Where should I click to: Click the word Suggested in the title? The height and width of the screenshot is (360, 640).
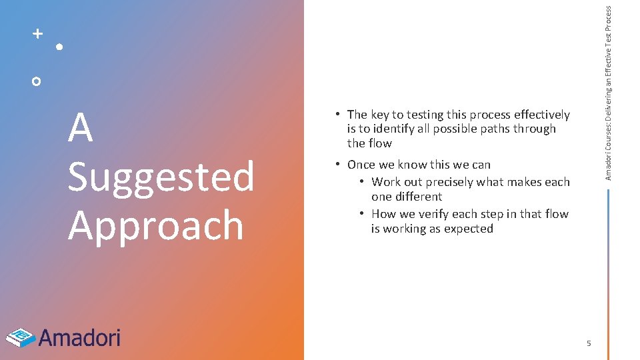pyautogui.click(x=161, y=177)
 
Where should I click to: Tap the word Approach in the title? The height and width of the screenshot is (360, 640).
pyautogui.click(x=155, y=225)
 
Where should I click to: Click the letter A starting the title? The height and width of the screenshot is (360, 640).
pyautogui.click(x=80, y=128)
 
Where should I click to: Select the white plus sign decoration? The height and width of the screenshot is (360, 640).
pyautogui.click(x=38, y=33)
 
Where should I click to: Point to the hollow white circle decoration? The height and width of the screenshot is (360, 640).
pyautogui.click(x=37, y=81)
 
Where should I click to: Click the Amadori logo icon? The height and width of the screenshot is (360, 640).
pyautogui.click(x=20, y=337)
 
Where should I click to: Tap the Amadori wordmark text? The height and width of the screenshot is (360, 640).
pyautogui.click(x=79, y=338)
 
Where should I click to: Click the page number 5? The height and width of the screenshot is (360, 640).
pyautogui.click(x=589, y=343)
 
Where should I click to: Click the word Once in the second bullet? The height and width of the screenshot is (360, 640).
pyautogui.click(x=361, y=165)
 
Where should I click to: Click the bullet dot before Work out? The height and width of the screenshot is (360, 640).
pyautogui.click(x=361, y=182)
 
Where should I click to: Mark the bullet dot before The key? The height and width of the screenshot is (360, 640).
pyautogui.click(x=339, y=115)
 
